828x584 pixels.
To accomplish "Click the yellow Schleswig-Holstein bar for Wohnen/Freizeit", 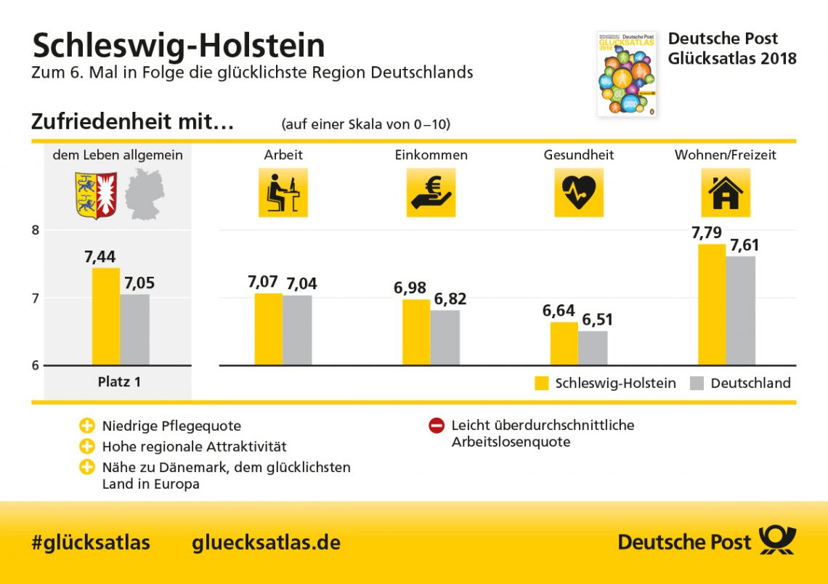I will [711, 304].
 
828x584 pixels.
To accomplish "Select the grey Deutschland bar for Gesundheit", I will [593, 348].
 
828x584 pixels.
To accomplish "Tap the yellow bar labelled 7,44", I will [106, 316].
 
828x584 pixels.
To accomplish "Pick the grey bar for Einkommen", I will [445, 337].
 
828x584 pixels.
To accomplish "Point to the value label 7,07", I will [262, 282].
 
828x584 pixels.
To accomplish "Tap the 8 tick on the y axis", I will [35, 230].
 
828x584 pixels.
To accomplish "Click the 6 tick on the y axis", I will [35, 365].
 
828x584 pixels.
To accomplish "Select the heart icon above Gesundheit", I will [579, 193].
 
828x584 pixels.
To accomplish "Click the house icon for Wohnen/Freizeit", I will [726, 193].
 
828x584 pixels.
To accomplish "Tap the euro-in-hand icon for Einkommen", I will [431, 193].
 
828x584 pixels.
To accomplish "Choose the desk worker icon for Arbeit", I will [283, 193].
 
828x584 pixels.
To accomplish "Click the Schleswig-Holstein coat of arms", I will [96, 195].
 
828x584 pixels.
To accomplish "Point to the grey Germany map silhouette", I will [145, 194].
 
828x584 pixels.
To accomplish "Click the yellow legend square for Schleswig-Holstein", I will [542, 384].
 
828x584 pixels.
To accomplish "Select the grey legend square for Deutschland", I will [697, 384].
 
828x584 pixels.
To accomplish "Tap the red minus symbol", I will [437, 426].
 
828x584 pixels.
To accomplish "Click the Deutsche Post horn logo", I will [777, 541].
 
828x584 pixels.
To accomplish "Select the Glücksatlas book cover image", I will [626, 73].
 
